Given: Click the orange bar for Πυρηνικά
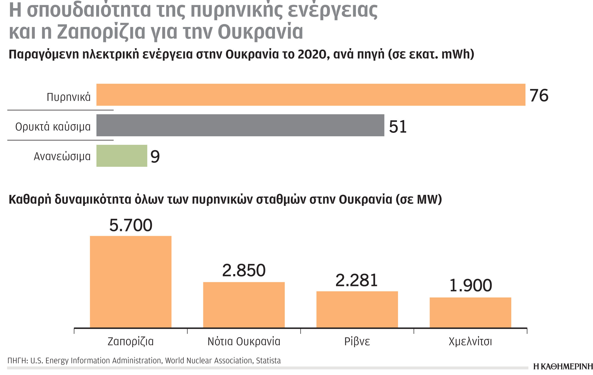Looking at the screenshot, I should pos(311,95).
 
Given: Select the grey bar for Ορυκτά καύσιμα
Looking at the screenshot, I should pos(240,125).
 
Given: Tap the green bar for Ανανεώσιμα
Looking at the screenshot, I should pos(122,156).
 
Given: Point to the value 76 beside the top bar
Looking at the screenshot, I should pos(539,95).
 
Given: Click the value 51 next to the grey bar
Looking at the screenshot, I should pos(398,126).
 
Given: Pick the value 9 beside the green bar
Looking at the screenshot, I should pos(155,157).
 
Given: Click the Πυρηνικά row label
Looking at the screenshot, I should pos(69,97).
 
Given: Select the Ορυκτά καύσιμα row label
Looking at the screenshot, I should pos(53,127).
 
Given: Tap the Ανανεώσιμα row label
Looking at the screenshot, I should pos(62,157).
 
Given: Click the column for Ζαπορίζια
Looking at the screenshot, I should pos(131,282).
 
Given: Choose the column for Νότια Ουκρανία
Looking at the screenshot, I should pos(244,305).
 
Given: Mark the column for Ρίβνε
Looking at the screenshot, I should pos(357,309).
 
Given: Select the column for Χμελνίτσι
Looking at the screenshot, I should pos(470,313).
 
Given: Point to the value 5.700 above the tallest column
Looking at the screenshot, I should pos(131,225).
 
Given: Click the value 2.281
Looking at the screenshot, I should pos(357,280).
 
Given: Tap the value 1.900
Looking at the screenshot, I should pos(470,285).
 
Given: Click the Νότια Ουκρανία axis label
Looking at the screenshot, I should pos(244,342).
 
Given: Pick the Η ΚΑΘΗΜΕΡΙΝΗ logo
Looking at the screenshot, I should pos(563,367).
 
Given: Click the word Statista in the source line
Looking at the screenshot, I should pos(268,361).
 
